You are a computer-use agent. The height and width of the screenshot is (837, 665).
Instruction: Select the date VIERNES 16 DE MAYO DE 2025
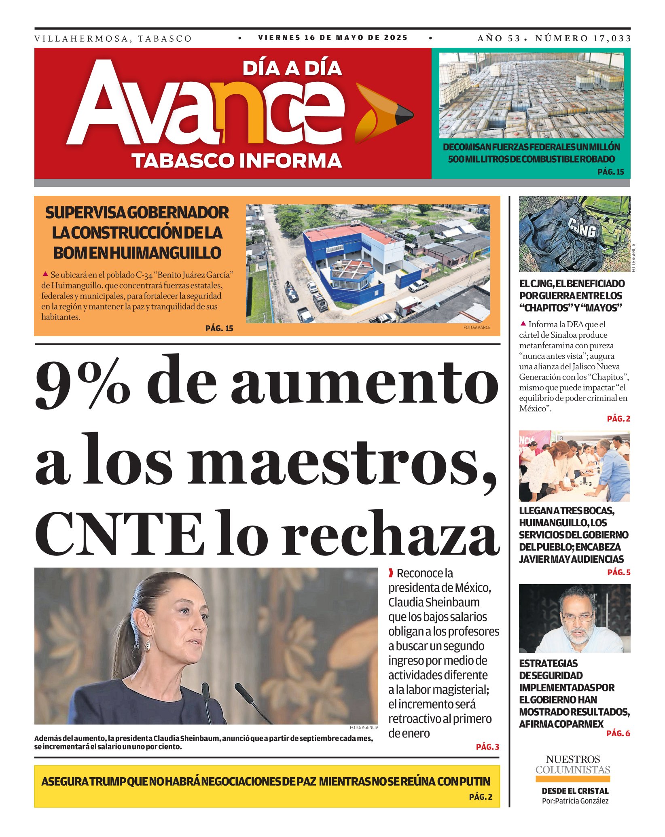(333, 38)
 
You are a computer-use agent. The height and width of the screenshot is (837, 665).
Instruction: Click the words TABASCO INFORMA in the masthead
(237, 161)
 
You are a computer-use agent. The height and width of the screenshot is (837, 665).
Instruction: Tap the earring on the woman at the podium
(148, 643)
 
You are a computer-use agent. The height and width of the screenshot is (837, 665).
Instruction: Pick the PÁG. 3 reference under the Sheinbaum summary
(487, 747)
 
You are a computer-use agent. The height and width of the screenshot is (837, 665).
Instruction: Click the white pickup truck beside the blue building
(418, 285)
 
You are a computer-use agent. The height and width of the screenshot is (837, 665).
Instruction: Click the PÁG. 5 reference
(618, 572)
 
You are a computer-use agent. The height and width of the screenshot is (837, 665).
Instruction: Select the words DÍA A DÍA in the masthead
(292, 68)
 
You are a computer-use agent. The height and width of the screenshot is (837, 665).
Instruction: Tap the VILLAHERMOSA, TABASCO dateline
(113, 39)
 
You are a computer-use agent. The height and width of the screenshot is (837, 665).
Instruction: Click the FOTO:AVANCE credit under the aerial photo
(477, 327)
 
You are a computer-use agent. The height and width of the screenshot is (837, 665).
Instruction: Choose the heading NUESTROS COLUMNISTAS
(573, 764)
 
